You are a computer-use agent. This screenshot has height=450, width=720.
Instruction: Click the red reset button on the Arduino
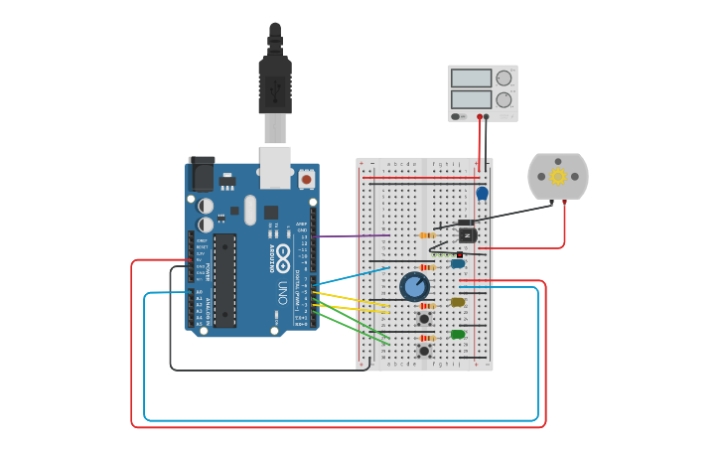(x=306, y=180)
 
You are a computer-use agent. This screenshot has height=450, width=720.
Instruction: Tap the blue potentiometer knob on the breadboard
(x=415, y=287)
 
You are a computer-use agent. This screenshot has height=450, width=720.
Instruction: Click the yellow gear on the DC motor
(x=557, y=176)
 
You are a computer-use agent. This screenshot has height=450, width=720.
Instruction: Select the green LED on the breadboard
(x=458, y=334)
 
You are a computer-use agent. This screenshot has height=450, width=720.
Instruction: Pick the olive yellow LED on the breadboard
(x=458, y=302)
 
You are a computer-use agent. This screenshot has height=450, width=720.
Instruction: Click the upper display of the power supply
(x=472, y=78)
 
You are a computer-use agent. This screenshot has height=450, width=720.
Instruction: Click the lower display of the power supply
(x=472, y=99)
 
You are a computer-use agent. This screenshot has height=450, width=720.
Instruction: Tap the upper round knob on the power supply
(x=504, y=78)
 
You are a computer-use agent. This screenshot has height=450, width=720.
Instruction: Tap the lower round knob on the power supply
(x=504, y=99)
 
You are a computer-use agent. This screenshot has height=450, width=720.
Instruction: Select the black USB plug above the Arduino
(x=275, y=83)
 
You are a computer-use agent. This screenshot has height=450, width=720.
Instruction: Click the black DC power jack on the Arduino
(x=201, y=175)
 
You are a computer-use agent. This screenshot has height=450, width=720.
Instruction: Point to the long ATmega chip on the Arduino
(x=225, y=280)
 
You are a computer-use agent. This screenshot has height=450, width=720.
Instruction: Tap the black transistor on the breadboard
(x=465, y=234)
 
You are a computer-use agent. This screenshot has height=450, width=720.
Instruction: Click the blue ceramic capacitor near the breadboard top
(x=483, y=193)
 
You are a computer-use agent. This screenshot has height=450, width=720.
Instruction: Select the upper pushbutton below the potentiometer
(x=424, y=318)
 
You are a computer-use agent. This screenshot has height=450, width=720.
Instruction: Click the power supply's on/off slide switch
(x=457, y=116)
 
